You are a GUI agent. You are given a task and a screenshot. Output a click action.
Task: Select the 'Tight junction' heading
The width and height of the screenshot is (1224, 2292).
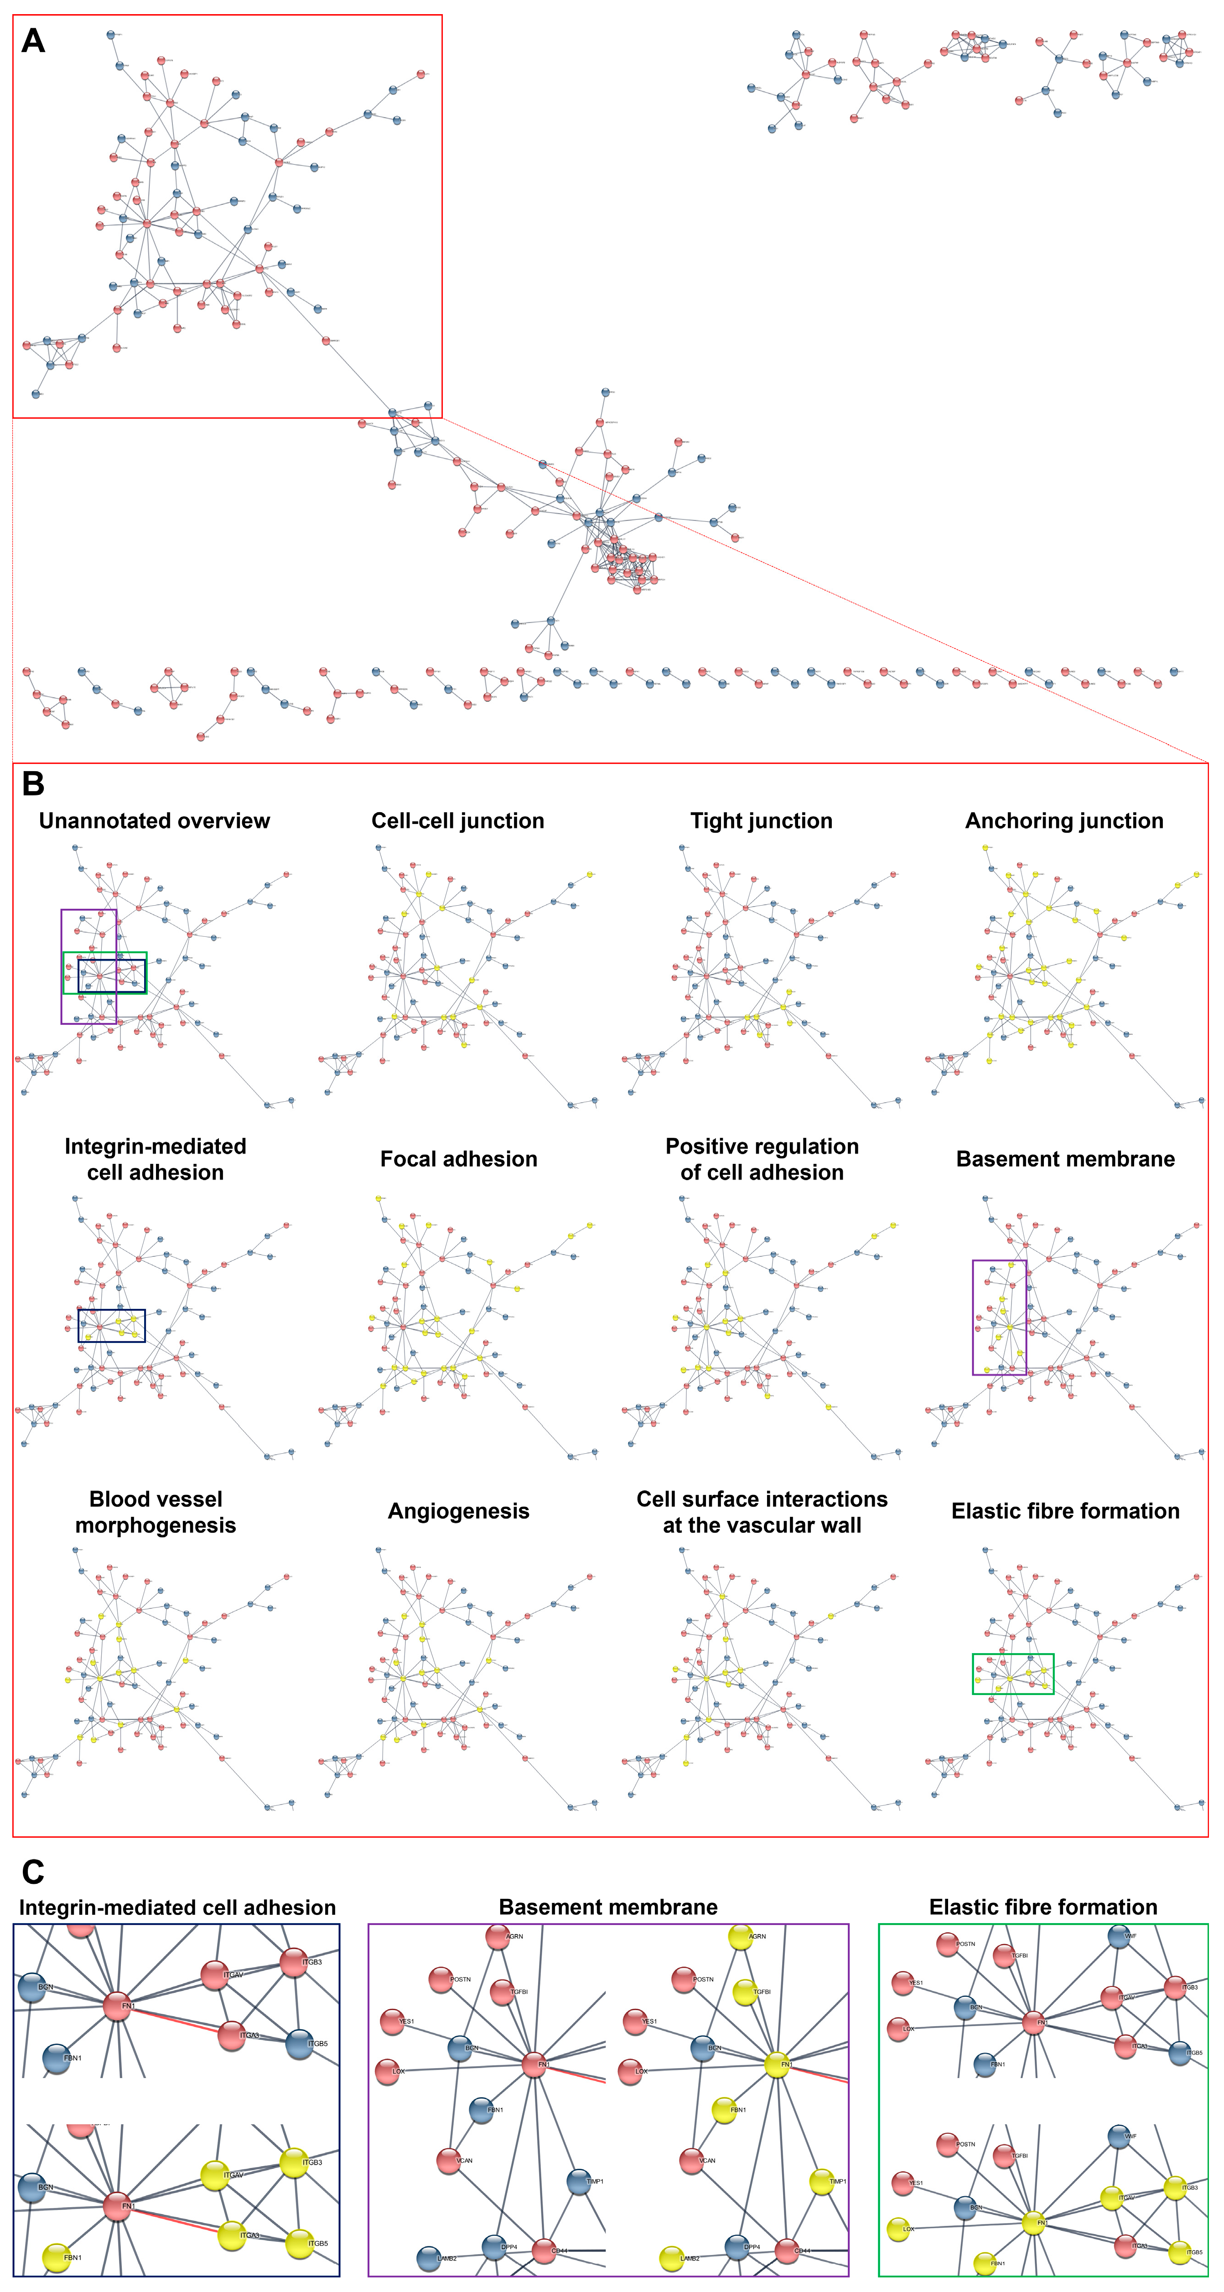coord(762,820)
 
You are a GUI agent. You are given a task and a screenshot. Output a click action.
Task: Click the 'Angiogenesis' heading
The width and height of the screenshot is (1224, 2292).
coord(458,1511)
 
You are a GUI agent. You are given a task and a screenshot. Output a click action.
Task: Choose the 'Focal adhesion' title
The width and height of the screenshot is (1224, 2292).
coord(458,1158)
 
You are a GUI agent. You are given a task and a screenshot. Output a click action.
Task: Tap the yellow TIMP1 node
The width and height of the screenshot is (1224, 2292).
coord(821,2182)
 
